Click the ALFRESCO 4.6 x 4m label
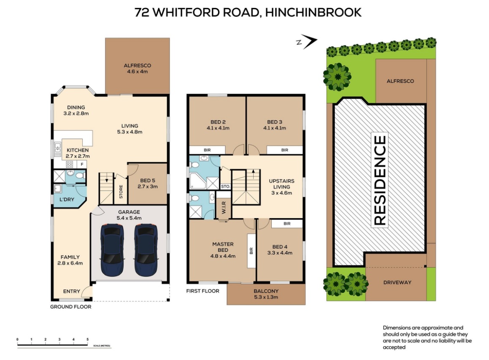click(137, 68)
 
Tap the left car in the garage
click(112, 250)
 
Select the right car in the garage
click(146, 250)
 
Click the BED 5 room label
click(148, 184)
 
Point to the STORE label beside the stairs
click(121, 192)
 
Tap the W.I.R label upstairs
click(224, 208)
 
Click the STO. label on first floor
click(225, 187)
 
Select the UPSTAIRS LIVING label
click(281, 187)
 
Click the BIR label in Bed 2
click(207, 150)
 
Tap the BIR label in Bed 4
click(287, 224)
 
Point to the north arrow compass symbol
click(307, 41)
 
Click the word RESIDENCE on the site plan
click(380, 180)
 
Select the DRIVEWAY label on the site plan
click(397, 282)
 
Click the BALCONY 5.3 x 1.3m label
click(266, 294)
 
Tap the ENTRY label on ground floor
click(71, 291)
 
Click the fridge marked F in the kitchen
click(82, 165)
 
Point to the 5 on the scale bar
click(88, 339)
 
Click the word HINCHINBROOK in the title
click(313, 13)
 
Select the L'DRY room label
click(67, 199)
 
